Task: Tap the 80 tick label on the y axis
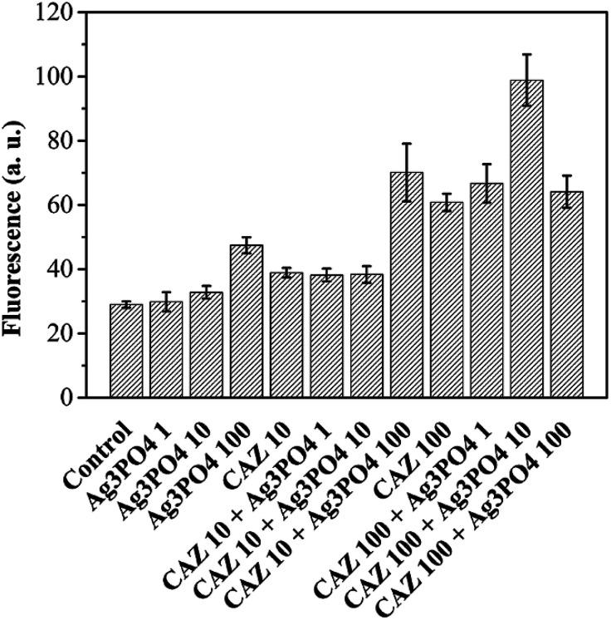tap(60, 141)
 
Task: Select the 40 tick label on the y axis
tap(60, 270)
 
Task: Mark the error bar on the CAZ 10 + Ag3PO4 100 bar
tap(406, 172)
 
